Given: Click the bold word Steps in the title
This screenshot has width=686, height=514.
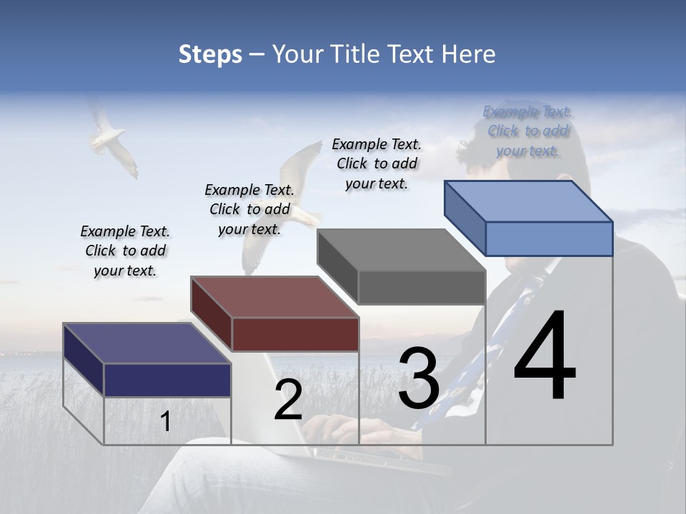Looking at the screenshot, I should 210,54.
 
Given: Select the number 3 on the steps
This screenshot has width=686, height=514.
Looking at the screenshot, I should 419,378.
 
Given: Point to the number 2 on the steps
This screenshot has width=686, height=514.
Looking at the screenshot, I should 288,400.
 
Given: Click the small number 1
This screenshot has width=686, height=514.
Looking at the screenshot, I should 166,422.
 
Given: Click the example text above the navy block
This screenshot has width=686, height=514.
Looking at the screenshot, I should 125,251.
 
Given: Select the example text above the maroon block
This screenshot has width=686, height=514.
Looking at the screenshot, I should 249,209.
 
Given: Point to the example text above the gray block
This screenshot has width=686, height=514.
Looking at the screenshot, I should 377,163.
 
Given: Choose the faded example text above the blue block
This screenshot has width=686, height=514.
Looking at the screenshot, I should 527,131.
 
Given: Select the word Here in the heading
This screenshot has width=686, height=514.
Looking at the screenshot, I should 468,54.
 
